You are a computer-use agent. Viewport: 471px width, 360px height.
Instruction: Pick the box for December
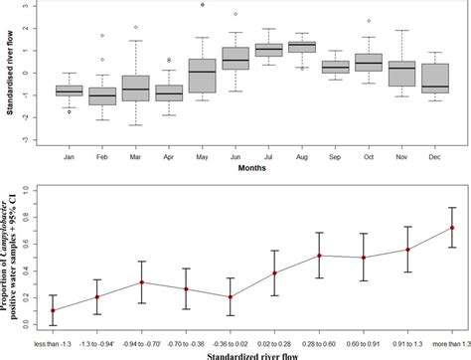[435, 79]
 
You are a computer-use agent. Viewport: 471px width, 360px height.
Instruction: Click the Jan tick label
[70, 156]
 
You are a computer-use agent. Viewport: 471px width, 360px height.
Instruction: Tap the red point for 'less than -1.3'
[53, 310]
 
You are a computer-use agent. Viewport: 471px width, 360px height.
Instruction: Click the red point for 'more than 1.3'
[452, 228]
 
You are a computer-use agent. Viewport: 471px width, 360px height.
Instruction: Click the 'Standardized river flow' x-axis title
[251, 353]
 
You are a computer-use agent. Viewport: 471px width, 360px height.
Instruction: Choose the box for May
[203, 76]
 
